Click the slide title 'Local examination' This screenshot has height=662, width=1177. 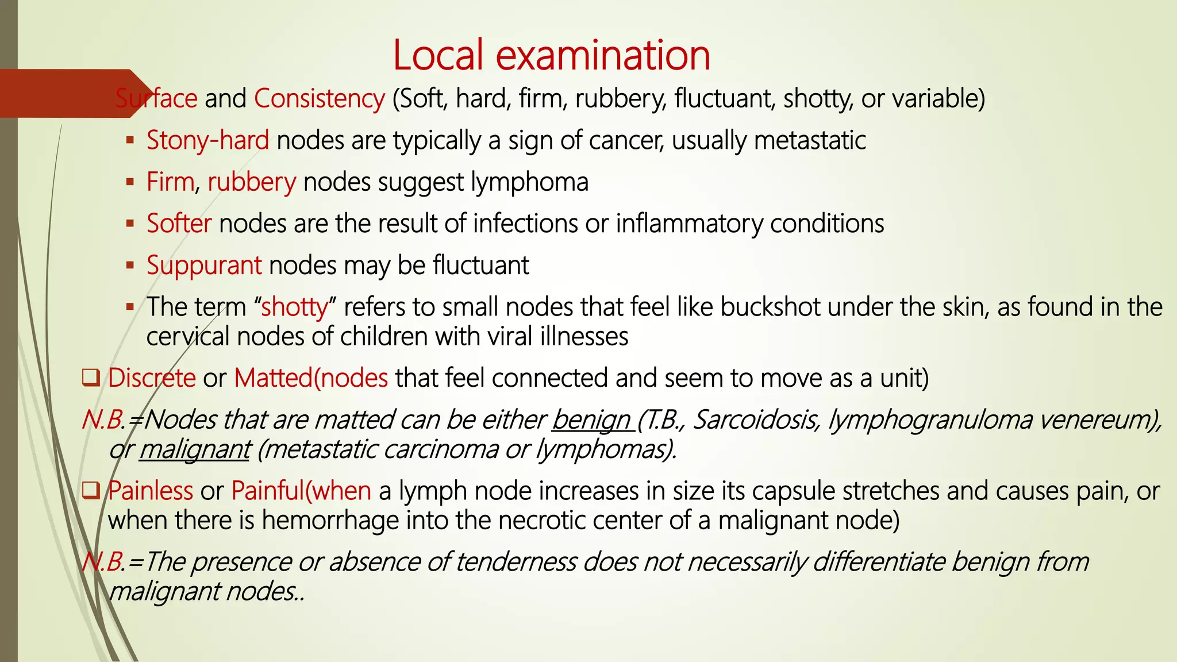coord(552,55)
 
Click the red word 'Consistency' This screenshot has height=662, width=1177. coord(319,99)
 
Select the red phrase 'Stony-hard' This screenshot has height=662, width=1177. coord(207,141)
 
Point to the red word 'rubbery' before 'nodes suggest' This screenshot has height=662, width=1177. coord(252,183)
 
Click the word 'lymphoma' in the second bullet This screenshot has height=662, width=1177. coord(529,183)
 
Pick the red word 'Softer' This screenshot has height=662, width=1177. coord(179,224)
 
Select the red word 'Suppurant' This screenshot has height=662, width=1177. coord(204,266)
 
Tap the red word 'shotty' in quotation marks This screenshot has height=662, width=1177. coord(294,307)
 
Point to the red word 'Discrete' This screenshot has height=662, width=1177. coord(152,379)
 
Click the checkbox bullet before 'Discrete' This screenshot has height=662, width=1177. coord(91,379)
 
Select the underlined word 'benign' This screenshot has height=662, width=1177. coord(591,421)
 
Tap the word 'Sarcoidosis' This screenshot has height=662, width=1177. coord(756,421)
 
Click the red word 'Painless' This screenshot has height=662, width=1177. coord(151,491)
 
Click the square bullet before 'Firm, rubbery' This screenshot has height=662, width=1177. coord(130,182)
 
